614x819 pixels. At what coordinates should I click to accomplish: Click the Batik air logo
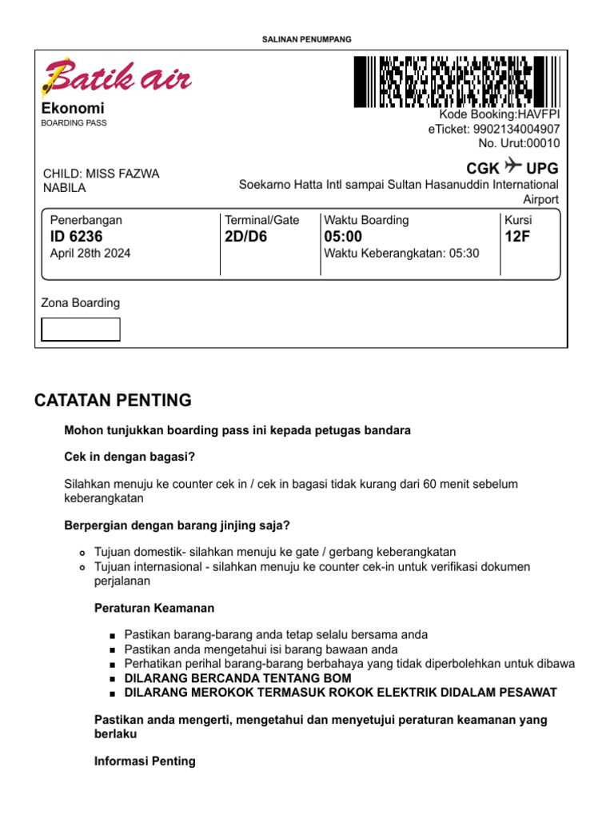pyautogui.click(x=116, y=78)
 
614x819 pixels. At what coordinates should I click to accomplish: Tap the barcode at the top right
pyautogui.click(x=456, y=82)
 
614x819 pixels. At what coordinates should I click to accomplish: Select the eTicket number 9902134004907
pyautogui.click(x=516, y=130)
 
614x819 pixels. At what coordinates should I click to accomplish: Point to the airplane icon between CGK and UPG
pyautogui.click(x=513, y=167)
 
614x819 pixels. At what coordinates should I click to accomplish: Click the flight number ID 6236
pyautogui.click(x=76, y=237)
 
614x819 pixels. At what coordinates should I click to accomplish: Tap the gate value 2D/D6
pyautogui.click(x=246, y=237)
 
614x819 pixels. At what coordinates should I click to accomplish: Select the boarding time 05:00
pyautogui.click(x=343, y=237)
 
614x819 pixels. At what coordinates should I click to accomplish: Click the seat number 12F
pyautogui.click(x=517, y=237)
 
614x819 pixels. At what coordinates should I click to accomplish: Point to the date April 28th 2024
pyautogui.click(x=90, y=254)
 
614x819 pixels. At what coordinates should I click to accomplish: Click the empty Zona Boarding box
pyautogui.click(x=81, y=330)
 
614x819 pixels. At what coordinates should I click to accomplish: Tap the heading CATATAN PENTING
pyautogui.click(x=113, y=400)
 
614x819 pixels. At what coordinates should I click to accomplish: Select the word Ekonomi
pyautogui.click(x=73, y=108)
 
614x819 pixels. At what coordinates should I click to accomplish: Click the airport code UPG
pyautogui.click(x=542, y=168)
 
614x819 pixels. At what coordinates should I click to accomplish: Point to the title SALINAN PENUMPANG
pyautogui.click(x=307, y=39)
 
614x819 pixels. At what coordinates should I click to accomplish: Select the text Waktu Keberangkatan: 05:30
pyautogui.click(x=401, y=254)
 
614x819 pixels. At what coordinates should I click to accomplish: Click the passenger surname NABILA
pyautogui.click(x=64, y=188)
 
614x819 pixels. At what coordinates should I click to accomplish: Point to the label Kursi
pyautogui.click(x=518, y=220)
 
